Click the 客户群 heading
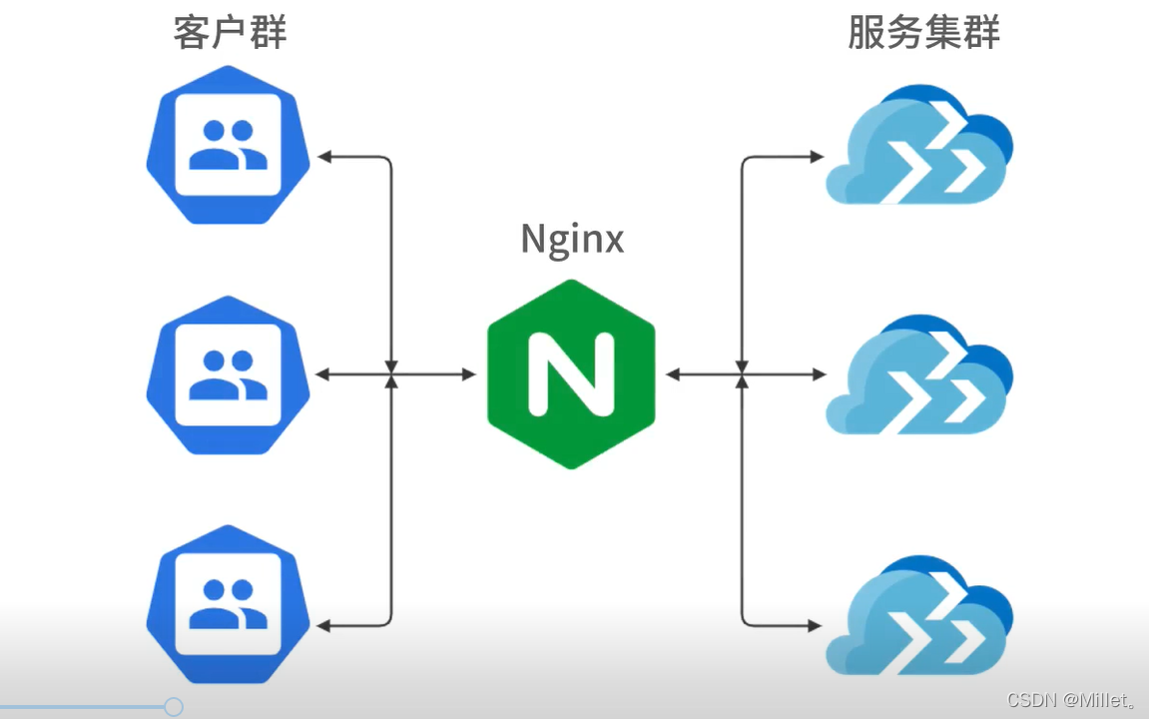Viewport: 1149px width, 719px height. [231, 33]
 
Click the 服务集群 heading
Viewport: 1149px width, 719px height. [923, 33]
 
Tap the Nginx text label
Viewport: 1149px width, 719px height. [572, 240]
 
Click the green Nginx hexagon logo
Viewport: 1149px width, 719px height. [571, 374]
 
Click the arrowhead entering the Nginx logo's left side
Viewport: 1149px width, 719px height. [469, 374]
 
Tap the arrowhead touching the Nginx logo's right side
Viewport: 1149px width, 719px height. [673, 374]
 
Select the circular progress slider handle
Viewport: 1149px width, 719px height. [173, 707]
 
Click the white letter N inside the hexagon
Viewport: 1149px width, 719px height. [571, 374]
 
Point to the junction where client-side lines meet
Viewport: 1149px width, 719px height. [391, 374]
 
